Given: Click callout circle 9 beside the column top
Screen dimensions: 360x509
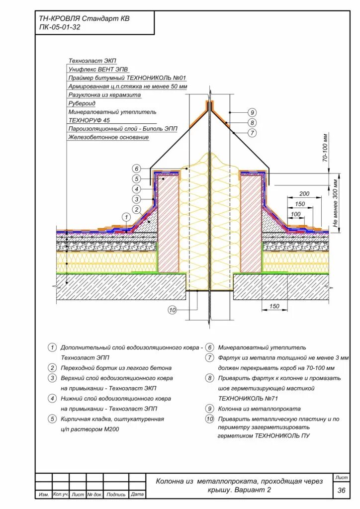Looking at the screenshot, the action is (252, 112).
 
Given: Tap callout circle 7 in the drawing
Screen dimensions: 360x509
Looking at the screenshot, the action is (252, 133).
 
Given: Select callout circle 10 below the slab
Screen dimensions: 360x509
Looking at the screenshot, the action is (172, 310).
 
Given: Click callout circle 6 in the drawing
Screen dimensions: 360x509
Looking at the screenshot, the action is (137, 169).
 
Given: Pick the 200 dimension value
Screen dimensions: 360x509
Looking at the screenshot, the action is (304, 193).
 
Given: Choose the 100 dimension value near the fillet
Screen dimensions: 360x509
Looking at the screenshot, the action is (296, 214).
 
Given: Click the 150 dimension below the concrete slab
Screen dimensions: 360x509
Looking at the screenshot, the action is (274, 306).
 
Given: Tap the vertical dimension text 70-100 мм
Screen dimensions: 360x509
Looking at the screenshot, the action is (326, 148).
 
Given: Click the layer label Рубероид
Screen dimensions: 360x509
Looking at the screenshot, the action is (82, 103).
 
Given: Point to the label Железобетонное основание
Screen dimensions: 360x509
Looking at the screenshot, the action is (109, 137).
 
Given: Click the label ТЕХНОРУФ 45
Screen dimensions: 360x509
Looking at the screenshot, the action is (90, 120).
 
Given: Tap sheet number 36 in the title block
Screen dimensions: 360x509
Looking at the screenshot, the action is (342, 490).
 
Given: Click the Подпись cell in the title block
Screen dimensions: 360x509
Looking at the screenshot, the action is (116, 495).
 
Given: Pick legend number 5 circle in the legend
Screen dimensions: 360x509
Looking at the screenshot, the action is (52, 419).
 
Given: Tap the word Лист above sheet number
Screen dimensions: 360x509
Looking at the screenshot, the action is (342, 477).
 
